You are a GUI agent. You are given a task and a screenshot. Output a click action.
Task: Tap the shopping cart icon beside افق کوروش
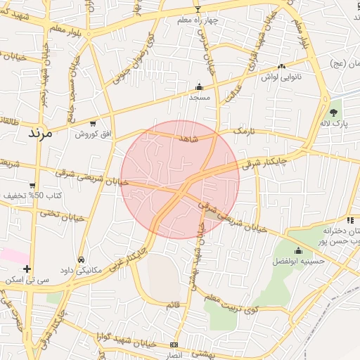coord(93,124)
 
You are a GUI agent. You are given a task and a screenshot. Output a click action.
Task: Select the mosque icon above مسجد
coord(199,87)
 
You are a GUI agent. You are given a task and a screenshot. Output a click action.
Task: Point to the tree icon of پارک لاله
coord(333,112)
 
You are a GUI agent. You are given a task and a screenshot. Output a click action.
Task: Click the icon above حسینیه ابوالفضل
coord(298,250)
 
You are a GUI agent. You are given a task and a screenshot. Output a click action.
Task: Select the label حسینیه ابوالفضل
coord(298,261)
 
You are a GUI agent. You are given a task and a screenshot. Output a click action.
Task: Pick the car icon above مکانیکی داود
coord(82,259)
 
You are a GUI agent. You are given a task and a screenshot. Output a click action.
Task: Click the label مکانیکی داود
coord(83,269)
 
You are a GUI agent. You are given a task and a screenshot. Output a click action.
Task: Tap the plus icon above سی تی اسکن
coord(27,269)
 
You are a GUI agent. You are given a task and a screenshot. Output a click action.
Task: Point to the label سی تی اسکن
coord(27,280)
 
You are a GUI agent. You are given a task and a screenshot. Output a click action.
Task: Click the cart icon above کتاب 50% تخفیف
coord(32,186)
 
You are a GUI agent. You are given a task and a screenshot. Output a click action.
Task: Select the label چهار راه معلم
coord(198,20)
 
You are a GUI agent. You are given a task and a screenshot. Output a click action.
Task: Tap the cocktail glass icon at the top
coord(198,9)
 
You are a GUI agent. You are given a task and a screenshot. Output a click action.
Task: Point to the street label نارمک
coord(242,131)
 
